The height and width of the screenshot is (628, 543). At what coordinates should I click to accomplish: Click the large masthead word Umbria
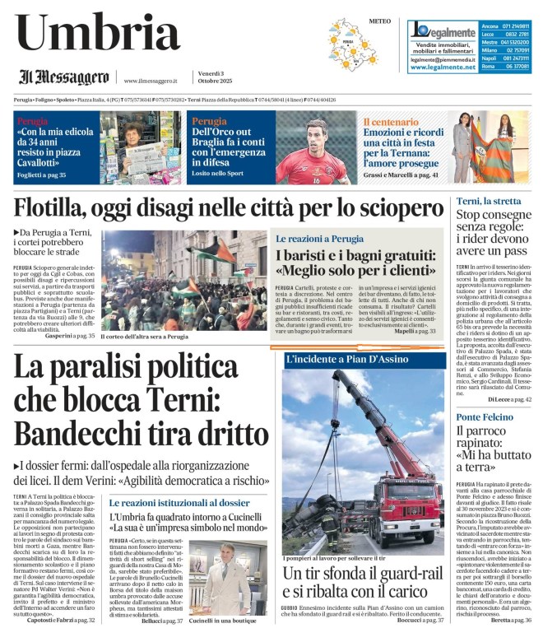click(97, 35)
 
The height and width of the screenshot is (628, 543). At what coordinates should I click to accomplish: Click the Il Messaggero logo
click(64, 78)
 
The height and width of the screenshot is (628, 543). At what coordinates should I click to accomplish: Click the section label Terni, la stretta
click(489, 202)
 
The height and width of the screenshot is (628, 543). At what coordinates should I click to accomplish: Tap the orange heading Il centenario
click(392, 121)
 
